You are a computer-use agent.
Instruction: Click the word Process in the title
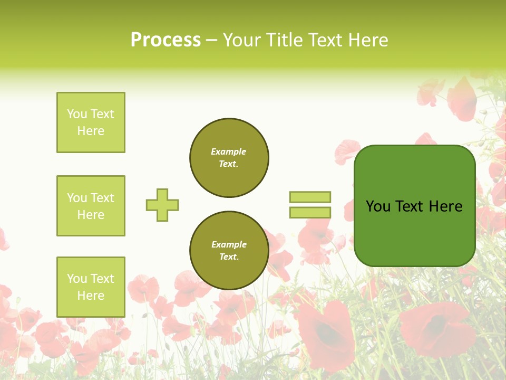pos(166,40)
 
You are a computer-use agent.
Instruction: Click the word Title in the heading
pos(285,40)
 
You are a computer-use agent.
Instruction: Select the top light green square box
pos(91,122)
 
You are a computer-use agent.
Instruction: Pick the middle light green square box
pos(91,206)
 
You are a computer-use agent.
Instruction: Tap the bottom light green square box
pos(91,287)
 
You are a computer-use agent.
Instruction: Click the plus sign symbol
pos(162,205)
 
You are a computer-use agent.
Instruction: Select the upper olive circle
pos(229,158)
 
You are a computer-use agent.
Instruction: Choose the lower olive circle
pos(229,251)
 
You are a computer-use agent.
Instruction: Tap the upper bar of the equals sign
pos(310,197)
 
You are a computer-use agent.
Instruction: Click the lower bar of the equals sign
pos(310,212)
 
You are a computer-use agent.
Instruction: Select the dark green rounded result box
pos(414,206)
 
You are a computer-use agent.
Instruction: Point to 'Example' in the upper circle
pos(229,151)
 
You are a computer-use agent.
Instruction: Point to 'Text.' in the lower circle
pos(229,257)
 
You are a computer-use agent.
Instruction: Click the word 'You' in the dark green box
pos(378,206)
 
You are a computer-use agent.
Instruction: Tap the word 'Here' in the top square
pos(91,131)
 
